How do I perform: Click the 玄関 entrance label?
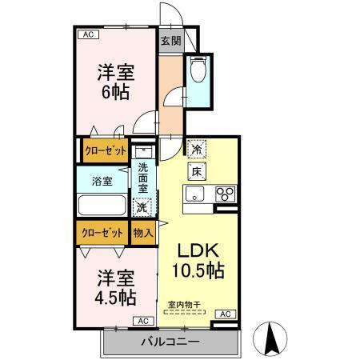coord(170,41)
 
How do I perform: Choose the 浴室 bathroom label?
coord(102,180)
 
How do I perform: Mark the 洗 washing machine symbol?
coord(142,207)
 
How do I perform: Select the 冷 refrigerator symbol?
coord(195,148)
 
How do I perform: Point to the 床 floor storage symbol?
coord(195,170)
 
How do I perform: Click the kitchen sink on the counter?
coord(197,194)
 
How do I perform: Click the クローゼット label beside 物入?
coord(102,233)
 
